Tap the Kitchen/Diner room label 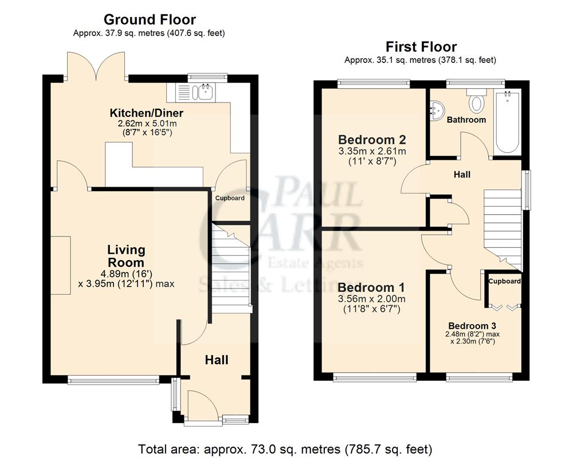[x=147, y=112]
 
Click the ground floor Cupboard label [x=230, y=198]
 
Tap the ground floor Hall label [x=217, y=360]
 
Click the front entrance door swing [x=202, y=405]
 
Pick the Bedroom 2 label [x=372, y=140]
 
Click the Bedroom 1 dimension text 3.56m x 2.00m [x=372, y=298]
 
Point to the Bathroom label [x=466, y=120]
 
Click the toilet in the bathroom [x=476, y=101]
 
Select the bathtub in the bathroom [x=508, y=121]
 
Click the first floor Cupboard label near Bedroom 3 [x=504, y=281]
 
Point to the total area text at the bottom [x=285, y=448]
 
